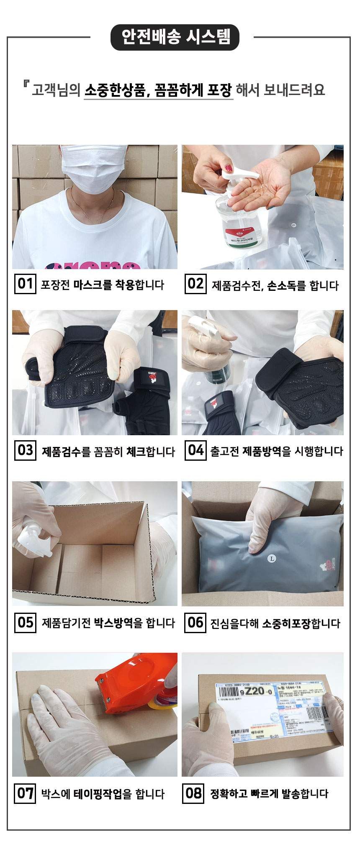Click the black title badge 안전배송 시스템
pyautogui.click(x=175, y=37)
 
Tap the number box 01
pyautogui.click(x=25, y=284)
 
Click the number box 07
pyautogui.click(x=25, y=793)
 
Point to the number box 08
pyautogui.click(x=193, y=793)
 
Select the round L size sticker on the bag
pyautogui.click(x=272, y=559)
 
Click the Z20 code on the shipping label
pyautogui.click(x=257, y=690)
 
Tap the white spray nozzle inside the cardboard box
pyautogui.click(x=33, y=540)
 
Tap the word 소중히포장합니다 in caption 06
pyautogui.click(x=301, y=624)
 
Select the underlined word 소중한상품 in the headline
pyautogui.click(x=115, y=90)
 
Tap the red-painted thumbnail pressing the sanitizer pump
pyautogui.click(x=228, y=168)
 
